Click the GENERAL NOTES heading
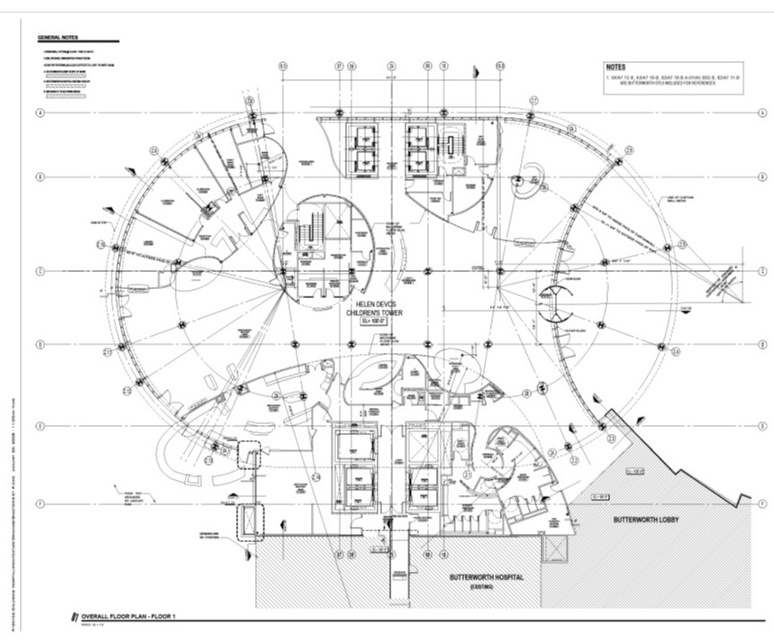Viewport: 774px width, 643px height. (x=56, y=38)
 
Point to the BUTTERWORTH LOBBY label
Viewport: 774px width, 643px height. (x=647, y=521)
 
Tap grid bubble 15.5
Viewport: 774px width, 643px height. (x=282, y=65)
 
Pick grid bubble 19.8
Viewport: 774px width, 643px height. (x=501, y=65)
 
